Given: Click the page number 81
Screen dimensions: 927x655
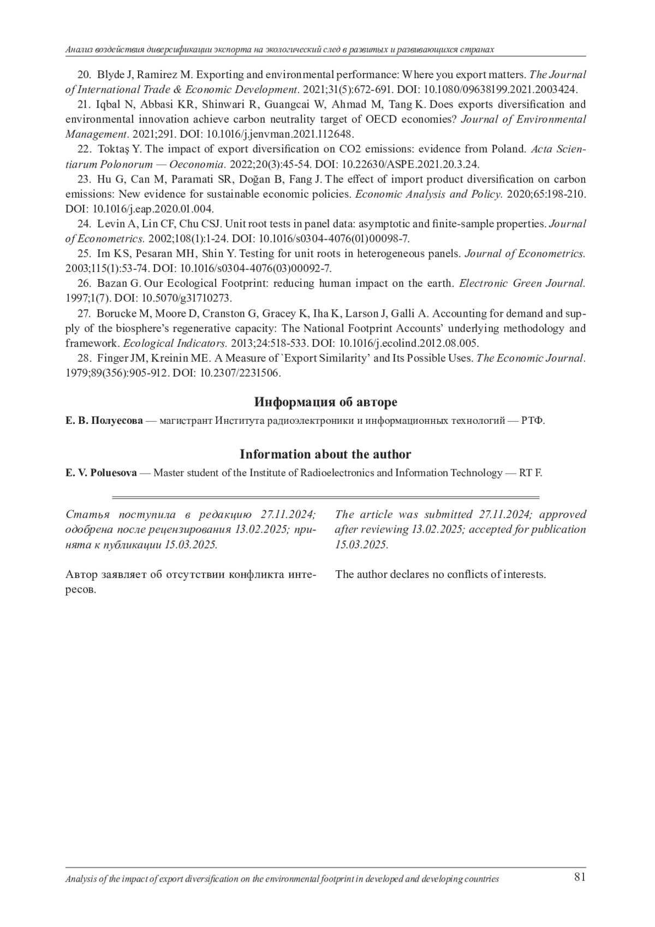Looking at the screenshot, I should pyautogui.click(x=580, y=877).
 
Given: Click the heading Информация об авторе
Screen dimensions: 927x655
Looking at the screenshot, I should pyautogui.click(x=325, y=403).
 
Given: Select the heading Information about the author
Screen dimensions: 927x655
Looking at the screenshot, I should pyautogui.click(x=325, y=454).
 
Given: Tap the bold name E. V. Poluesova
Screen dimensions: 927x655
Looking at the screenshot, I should pyautogui.click(x=101, y=473).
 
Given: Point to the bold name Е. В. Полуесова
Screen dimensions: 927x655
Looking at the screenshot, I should pyautogui.click(x=104, y=421).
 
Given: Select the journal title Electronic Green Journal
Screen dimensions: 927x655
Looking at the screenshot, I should pyautogui.click(x=522, y=284).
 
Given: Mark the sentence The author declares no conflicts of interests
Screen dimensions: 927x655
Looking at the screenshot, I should pyautogui.click(x=440, y=575).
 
